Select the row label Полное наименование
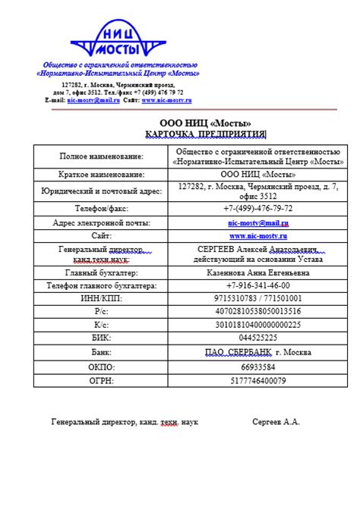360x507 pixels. (x=101, y=156)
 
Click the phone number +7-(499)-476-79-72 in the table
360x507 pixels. (x=257, y=207)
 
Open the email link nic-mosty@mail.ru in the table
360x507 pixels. (x=257, y=223)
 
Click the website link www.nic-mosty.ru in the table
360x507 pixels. (x=257, y=236)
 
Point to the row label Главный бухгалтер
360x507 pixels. (x=101, y=272)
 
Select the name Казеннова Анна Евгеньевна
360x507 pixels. (x=257, y=272)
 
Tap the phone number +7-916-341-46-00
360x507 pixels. (x=257, y=285)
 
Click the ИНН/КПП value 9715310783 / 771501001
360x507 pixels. (x=257, y=298)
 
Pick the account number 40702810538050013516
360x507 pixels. (x=257, y=311)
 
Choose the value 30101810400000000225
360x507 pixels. (x=257, y=324)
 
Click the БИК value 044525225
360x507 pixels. (x=257, y=337)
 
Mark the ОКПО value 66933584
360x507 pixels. (x=257, y=367)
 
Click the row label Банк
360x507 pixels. (x=101, y=352)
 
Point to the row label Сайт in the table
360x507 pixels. (x=101, y=236)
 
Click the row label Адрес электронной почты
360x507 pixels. (x=101, y=223)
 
